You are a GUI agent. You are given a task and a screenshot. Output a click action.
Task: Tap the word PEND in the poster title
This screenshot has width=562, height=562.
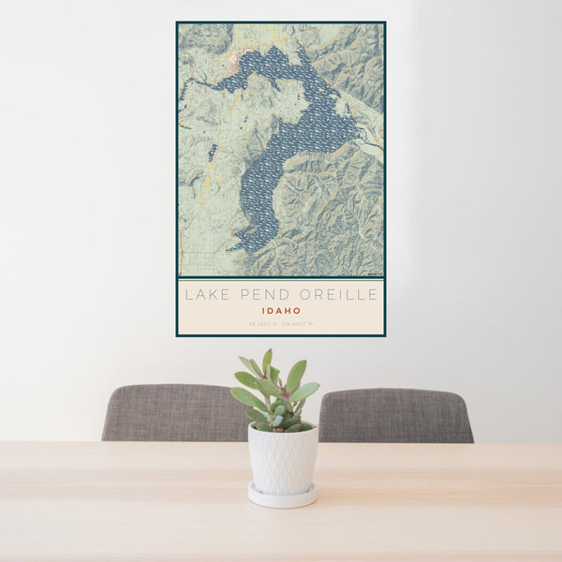click(x=257, y=295)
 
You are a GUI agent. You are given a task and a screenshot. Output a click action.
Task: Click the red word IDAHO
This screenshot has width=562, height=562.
click(x=281, y=311)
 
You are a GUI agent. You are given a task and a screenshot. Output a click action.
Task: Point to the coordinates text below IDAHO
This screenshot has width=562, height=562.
click(x=281, y=324)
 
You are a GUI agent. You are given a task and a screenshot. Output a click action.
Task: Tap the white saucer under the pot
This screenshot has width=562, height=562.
click(x=283, y=495)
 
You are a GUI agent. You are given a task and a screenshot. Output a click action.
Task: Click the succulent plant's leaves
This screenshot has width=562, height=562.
click(x=276, y=393)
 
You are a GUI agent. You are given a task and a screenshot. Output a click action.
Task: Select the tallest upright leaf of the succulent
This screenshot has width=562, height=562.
click(x=267, y=361)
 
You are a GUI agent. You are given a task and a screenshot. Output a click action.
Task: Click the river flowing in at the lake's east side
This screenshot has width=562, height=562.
click(x=372, y=145)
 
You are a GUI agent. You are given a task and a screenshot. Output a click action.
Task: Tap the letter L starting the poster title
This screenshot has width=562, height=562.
click(x=187, y=295)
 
